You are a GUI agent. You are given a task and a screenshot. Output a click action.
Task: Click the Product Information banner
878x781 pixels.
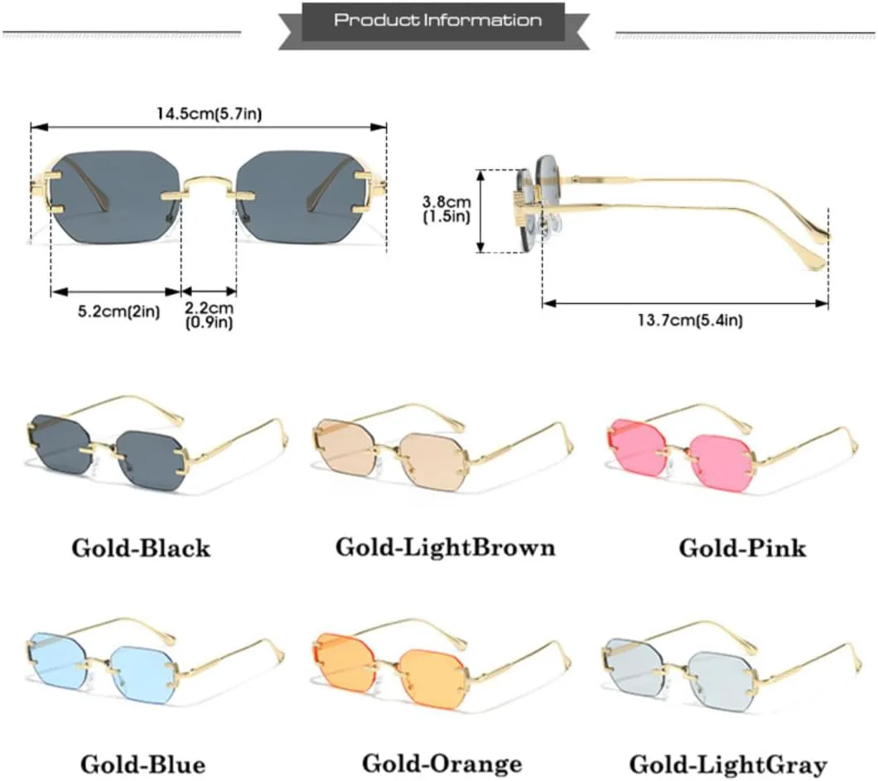438,21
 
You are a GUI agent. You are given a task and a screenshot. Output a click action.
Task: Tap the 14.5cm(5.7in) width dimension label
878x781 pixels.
207,113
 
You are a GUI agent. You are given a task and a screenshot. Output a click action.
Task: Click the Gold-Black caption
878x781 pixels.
141,547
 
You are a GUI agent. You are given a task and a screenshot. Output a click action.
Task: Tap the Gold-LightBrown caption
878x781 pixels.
445,547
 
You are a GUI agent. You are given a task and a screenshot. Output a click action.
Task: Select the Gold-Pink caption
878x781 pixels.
742,547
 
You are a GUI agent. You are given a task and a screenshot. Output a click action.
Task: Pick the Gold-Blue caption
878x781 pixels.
142,763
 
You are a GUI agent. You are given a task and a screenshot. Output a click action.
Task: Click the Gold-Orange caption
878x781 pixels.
441,763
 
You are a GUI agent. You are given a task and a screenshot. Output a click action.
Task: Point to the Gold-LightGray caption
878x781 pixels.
727,763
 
